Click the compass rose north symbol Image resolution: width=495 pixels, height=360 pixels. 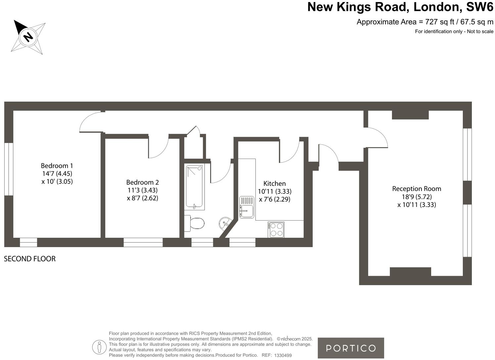[28, 36]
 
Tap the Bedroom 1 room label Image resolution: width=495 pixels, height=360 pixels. [57, 166]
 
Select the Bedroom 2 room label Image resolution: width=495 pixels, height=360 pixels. [142, 182]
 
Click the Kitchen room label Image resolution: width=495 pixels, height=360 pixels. [274, 183]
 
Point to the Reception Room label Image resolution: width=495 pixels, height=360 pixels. [417, 189]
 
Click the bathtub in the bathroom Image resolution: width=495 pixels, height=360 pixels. [195, 187]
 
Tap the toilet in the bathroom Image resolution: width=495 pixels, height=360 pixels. [195, 223]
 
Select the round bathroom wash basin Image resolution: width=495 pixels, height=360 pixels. [225, 223]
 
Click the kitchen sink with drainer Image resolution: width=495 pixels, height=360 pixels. [247, 207]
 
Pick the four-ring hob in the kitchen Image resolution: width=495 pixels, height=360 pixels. [276, 230]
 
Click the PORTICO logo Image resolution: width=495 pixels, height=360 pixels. [351, 348]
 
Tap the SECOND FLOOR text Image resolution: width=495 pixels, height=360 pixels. [30, 259]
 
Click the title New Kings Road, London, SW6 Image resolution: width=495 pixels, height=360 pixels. [400, 7]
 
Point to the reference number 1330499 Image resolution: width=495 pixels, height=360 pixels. [283, 355]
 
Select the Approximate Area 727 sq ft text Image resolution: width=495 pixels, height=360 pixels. [425, 22]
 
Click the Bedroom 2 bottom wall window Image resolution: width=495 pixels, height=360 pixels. [143, 242]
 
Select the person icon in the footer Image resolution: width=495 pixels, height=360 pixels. [99, 347]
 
